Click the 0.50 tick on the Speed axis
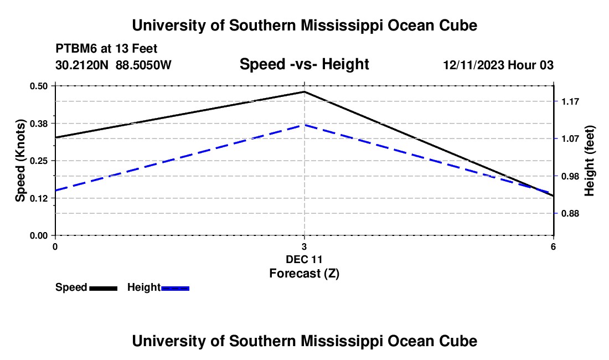[38, 86]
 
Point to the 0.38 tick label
[38, 124]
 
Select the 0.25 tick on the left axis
[38, 161]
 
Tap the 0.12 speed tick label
[38, 198]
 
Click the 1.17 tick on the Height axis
[570, 102]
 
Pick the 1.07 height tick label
[570, 139]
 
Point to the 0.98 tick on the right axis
[570, 176]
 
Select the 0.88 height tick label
[570, 214]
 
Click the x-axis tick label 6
[553, 246]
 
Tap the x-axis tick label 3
[304, 246]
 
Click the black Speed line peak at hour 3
[304, 91]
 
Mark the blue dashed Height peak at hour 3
[304, 125]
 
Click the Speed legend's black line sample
[104, 289]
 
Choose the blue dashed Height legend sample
[175, 289]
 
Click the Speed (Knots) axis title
[20, 161]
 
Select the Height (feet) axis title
[589, 161]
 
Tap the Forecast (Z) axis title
[304, 274]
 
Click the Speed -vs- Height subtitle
[304, 64]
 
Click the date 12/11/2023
[474, 65]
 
